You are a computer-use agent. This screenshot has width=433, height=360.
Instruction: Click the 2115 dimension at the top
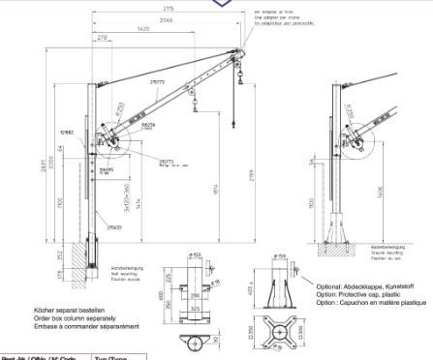click(x=169, y=8)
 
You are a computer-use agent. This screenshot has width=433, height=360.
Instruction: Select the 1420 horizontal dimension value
click(x=142, y=30)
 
